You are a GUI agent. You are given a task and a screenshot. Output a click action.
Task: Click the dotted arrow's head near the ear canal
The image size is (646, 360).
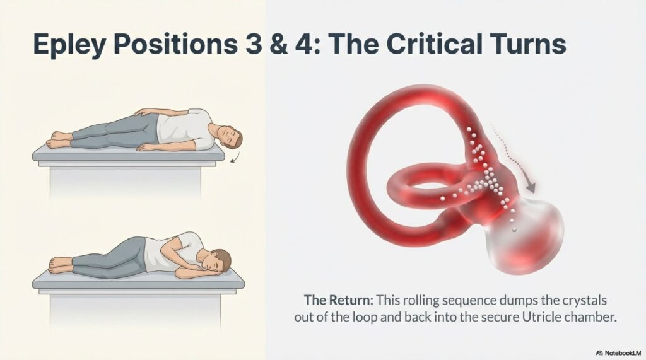coord(532,187)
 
